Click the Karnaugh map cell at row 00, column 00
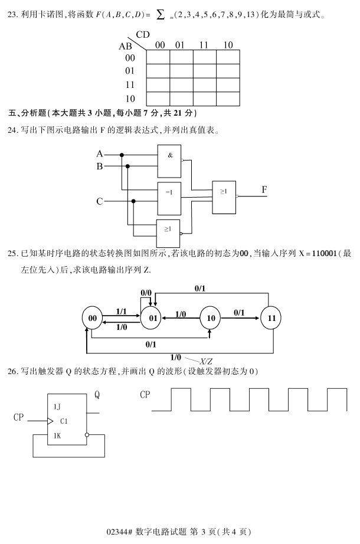tap(158, 57)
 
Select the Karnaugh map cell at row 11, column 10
tap(228, 85)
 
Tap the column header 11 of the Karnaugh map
tap(204, 45)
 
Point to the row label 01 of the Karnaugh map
tap(130, 71)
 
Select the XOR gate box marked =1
tap(169, 198)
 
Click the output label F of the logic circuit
tap(265, 189)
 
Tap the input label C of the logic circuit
tap(100, 201)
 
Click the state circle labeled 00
tap(92, 318)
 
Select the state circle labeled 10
tap(210, 318)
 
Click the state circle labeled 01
tap(151, 318)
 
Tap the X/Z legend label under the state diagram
tap(206, 361)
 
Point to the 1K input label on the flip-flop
tap(57, 435)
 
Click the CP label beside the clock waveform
tap(146, 395)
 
